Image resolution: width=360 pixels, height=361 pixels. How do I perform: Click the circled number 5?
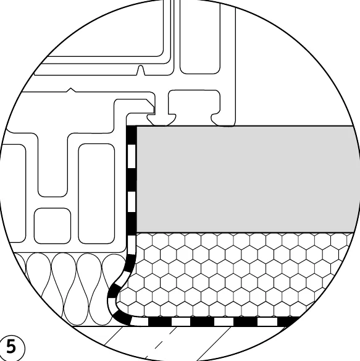(11, 347)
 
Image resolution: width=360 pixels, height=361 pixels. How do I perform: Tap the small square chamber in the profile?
(52, 226)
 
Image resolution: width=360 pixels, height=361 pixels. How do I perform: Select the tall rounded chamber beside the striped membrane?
(96, 193)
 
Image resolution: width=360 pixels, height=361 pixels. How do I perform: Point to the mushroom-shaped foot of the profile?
(162, 120)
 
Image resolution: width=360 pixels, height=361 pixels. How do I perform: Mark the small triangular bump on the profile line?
(71, 90)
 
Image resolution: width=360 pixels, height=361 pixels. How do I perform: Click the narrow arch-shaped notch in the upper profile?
(141, 70)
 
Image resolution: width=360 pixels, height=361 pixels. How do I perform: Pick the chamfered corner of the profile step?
(151, 103)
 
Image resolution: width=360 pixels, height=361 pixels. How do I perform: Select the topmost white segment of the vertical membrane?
(132, 156)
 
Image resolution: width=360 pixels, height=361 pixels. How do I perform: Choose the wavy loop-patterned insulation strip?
(69, 289)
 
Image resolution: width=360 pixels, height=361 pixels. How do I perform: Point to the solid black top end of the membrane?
(132, 135)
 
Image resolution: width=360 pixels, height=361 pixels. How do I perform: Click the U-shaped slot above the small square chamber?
(52, 164)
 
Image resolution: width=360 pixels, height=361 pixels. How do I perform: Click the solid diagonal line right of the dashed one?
(214, 344)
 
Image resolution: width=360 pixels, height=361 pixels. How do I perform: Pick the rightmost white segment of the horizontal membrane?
(267, 321)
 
